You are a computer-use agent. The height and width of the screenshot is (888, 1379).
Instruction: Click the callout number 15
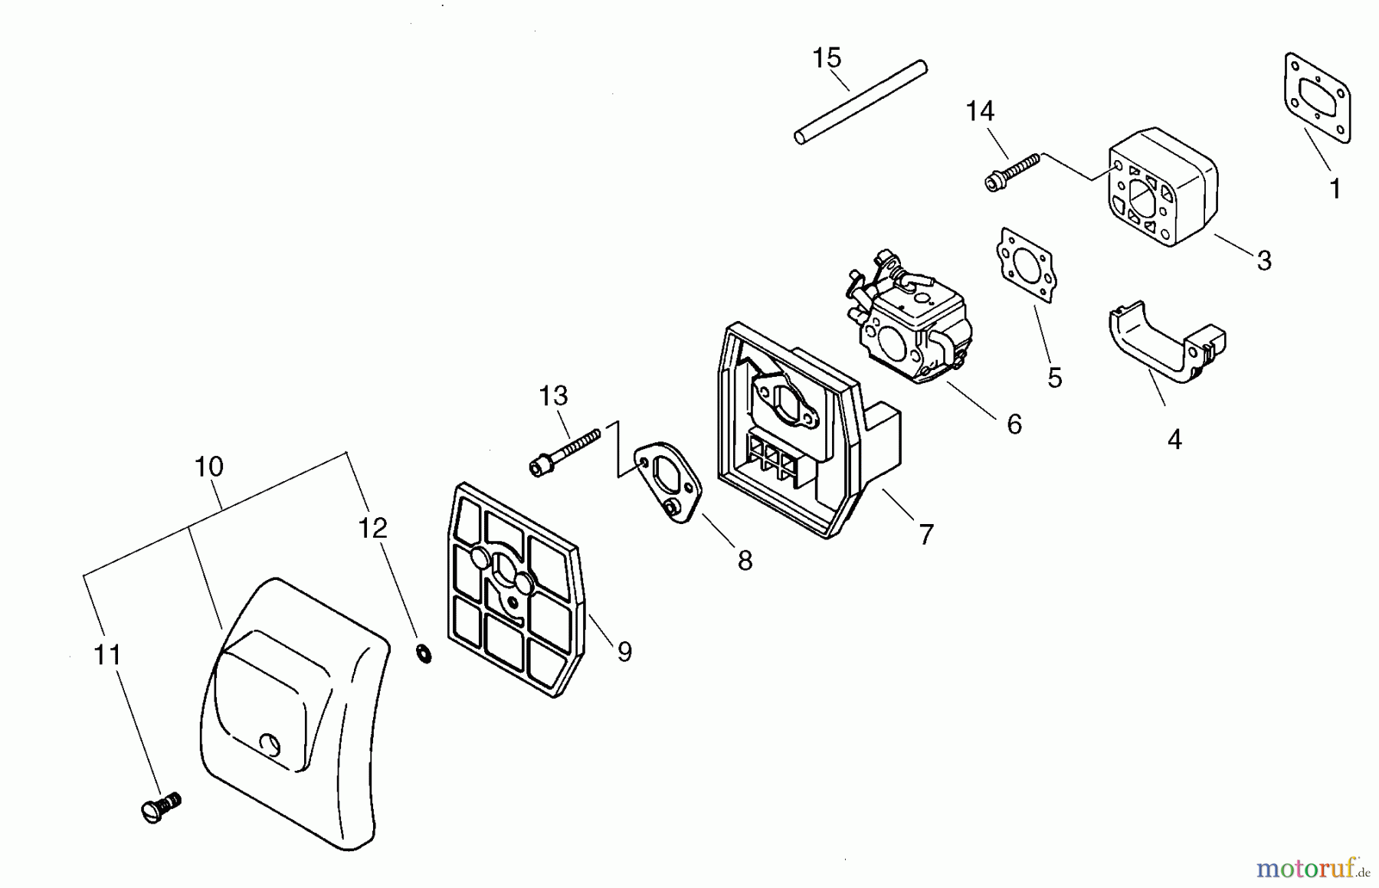point(827,58)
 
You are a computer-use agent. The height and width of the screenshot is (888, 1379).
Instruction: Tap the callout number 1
point(1335,188)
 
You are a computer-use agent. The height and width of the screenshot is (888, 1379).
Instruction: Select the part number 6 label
point(1014,424)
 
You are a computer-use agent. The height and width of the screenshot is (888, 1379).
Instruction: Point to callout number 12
point(373,528)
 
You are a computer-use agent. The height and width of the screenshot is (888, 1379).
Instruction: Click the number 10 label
point(208,467)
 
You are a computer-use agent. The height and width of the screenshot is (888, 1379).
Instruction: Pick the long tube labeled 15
point(861,102)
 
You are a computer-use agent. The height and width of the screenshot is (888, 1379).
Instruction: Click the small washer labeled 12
point(423,654)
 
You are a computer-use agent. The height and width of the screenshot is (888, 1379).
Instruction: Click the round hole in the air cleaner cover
point(270,742)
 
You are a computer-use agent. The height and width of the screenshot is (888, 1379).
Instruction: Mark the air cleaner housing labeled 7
point(789,429)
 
